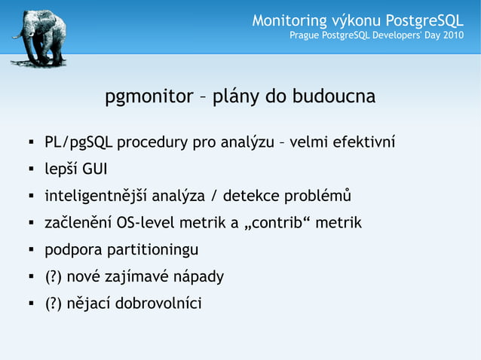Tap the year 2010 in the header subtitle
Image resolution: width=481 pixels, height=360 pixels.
[x=452, y=35]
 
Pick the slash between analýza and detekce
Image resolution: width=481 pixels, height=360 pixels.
[x=216, y=197]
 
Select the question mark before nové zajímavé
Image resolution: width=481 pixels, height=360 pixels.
[x=54, y=277]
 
